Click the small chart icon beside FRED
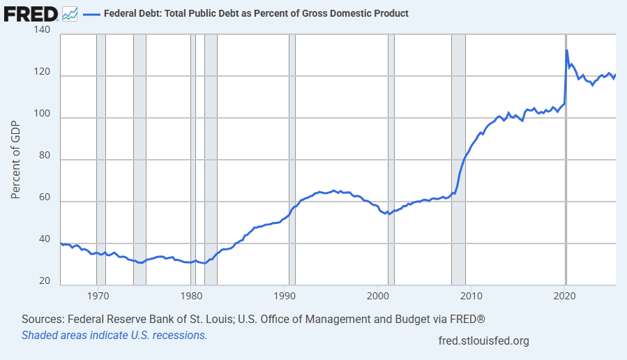[x=70, y=13]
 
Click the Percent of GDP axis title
[x=17, y=160]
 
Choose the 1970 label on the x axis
[x=98, y=294]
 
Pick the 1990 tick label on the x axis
[x=285, y=294]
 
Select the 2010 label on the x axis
[x=471, y=294]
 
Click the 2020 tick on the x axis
[x=565, y=294]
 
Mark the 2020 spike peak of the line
[x=566, y=50]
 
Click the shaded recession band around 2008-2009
[x=458, y=160]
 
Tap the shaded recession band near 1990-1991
[x=292, y=160]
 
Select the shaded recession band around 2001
[x=391, y=160]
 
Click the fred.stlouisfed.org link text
[x=483, y=340]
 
